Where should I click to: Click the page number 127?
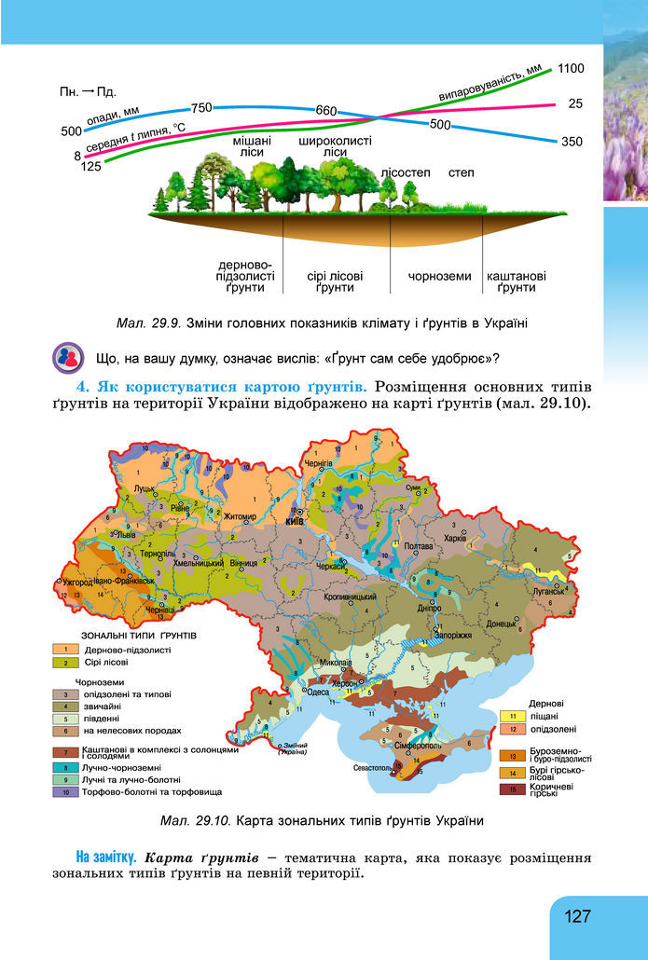click(578, 916)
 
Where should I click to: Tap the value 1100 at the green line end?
click(571, 68)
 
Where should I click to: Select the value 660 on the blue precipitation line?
click(325, 111)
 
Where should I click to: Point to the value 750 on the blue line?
click(202, 107)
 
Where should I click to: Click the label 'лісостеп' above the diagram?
click(405, 173)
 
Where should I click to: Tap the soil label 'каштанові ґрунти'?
click(517, 281)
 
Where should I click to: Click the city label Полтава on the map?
click(421, 546)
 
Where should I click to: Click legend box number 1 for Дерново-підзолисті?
click(67, 649)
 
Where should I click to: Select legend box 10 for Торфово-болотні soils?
click(67, 791)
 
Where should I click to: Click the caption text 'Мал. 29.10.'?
click(196, 821)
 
